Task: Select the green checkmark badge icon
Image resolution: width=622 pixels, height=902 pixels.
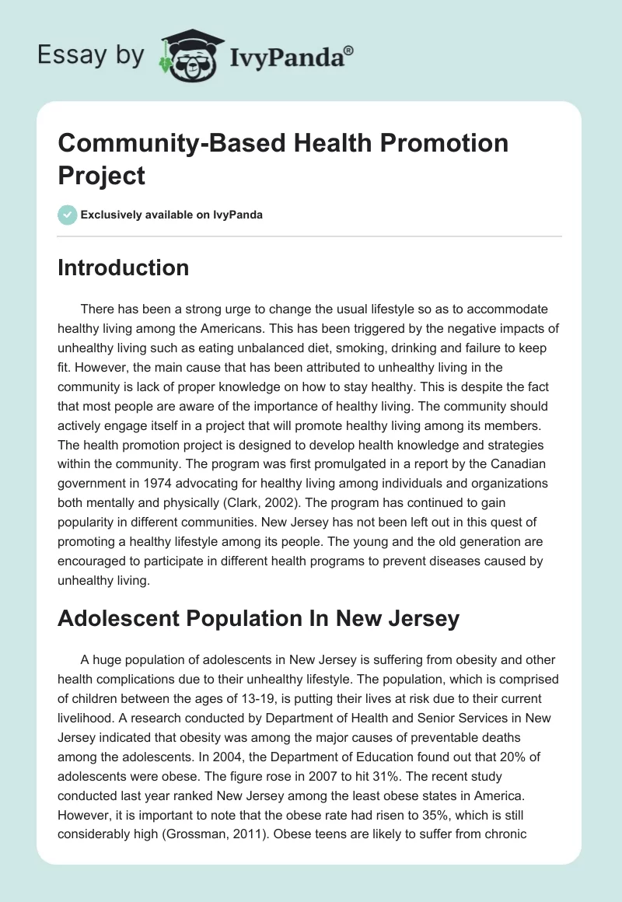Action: tap(68, 215)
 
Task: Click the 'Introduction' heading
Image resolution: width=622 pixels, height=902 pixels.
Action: tap(123, 267)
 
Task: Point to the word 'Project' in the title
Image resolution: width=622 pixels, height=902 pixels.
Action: tap(101, 175)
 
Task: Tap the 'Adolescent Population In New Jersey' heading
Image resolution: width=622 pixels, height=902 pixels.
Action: tap(259, 619)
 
